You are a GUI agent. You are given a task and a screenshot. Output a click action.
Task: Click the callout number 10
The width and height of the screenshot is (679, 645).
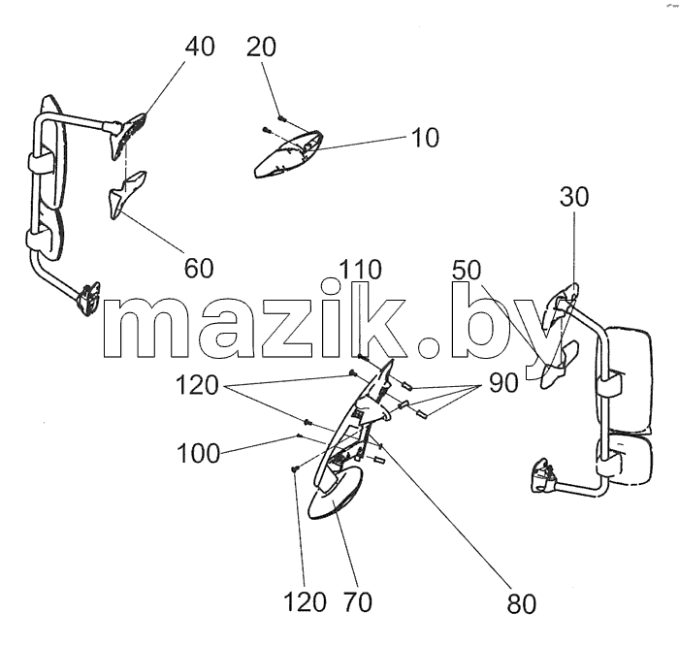[x=425, y=138]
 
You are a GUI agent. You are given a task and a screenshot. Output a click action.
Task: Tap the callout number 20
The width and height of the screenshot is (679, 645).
[x=261, y=47]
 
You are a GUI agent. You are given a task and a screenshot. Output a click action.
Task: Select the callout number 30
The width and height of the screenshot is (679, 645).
[x=574, y=197]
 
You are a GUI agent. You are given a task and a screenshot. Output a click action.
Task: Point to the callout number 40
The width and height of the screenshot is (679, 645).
[x=200, y=47]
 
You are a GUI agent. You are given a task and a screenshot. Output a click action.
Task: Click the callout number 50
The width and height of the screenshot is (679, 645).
[x=467, y=270]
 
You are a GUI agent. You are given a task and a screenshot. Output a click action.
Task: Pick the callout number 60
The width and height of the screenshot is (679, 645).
[x=199, y=269]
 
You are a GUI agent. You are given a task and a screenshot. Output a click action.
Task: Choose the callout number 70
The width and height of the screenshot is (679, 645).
[x=358, y=602]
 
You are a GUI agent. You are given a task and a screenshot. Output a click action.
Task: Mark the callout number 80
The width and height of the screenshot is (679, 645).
[x=522, y=604]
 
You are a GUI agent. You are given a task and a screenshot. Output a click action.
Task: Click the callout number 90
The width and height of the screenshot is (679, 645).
[x=503, y=383]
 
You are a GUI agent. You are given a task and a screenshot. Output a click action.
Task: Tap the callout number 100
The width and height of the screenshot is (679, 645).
[x=198, y=454]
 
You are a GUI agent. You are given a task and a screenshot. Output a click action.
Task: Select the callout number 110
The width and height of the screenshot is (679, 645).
[x=360, y=270]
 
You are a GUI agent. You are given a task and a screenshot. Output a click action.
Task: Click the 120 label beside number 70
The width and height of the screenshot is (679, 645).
[x=305, y=602]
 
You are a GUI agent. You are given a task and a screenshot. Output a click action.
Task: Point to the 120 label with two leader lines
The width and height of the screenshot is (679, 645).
[x=197, y=385]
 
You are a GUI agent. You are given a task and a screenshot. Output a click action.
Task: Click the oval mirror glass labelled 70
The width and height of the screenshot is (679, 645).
[x=335, y=494]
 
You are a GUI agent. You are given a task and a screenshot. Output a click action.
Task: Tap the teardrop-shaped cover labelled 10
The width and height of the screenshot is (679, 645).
[x=288, y=154]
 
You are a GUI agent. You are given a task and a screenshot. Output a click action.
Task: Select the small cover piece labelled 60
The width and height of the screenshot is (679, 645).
[x=126, y=194]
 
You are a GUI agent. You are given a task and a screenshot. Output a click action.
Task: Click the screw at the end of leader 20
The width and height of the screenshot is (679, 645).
[x=282, y=117]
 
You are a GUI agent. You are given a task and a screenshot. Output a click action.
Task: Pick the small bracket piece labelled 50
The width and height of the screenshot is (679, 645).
[x=559, y=365]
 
